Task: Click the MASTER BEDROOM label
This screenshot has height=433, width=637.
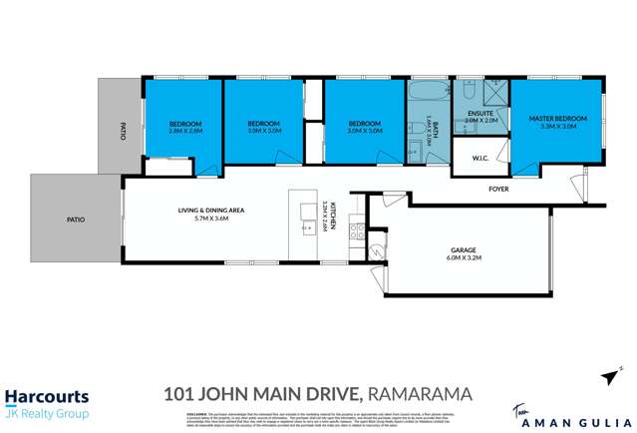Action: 558,119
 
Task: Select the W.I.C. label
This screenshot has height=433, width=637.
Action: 477,157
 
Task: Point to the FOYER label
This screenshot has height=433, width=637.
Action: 500,188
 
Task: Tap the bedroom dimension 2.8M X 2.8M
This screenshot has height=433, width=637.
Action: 185,130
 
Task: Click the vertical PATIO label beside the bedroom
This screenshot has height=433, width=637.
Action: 123,131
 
